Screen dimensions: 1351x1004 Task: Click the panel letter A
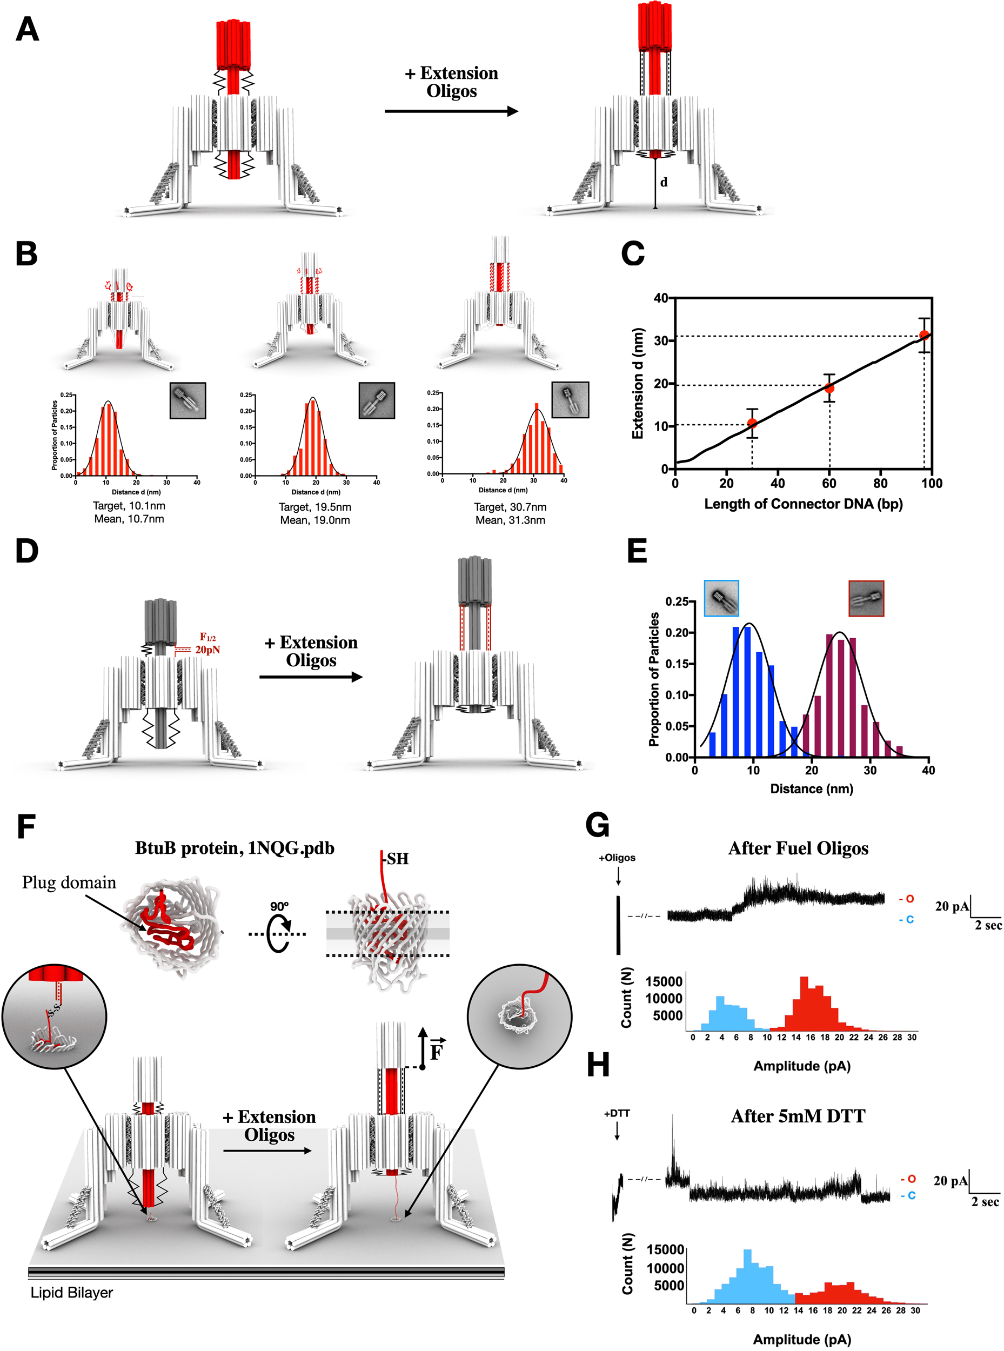click(28, 29)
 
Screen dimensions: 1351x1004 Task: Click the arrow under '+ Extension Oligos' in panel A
click(451, 111)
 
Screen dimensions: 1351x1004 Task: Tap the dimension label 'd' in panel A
click(664, 182)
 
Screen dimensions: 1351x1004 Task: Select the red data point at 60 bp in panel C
click(829, 389)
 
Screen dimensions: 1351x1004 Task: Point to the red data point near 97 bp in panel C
click(924, 335)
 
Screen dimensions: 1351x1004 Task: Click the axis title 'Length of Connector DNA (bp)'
click(803, 504)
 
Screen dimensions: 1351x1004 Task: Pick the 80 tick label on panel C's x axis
click(880, 484)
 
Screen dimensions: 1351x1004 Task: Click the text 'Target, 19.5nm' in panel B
click(315, 507)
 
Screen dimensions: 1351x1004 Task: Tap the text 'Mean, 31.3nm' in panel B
click(510, 520)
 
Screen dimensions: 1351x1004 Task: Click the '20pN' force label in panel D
click(208, 650)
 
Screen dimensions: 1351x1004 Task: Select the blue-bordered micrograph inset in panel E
click(721, 598)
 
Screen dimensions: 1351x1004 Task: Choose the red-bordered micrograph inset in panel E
click(866, 598)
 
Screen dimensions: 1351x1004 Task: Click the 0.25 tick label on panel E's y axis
click(677, 601)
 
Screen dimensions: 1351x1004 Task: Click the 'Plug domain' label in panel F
click(69, 882)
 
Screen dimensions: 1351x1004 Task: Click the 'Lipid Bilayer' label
click(72, 1293)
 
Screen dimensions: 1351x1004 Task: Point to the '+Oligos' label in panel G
click(617, 858)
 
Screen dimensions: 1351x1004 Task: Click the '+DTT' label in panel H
click(617, 1113)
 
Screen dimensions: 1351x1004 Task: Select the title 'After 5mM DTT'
click(798, 1116)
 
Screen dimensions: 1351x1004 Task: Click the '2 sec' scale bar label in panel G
click(988, 926)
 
